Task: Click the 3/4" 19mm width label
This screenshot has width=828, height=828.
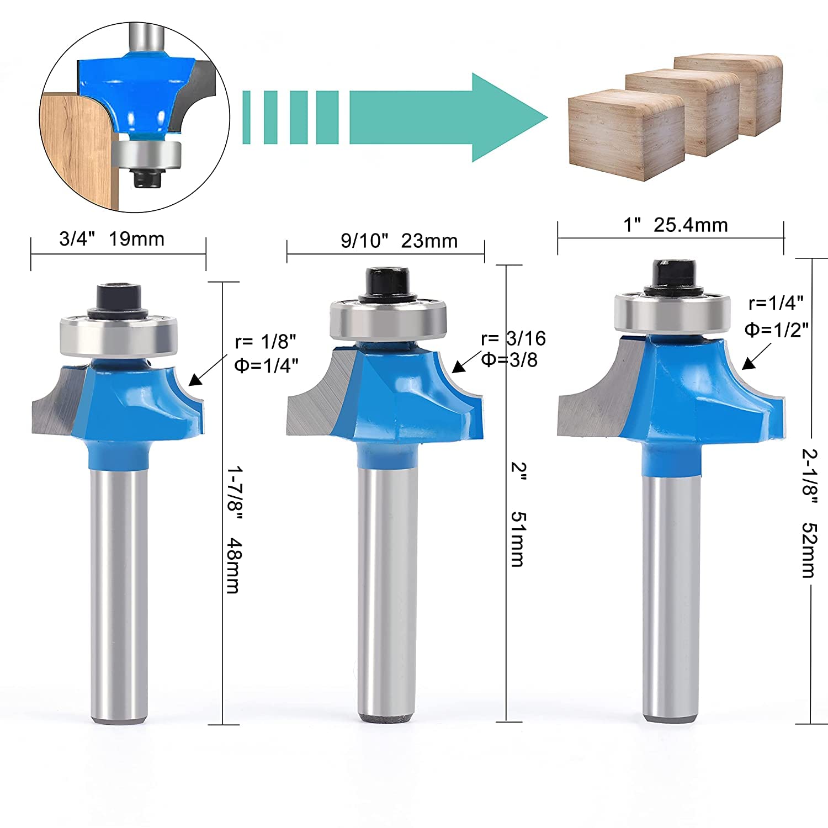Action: click(112, 239)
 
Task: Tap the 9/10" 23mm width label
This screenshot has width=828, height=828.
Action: click(399, 241)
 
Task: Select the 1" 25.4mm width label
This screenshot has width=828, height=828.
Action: click(676, 225)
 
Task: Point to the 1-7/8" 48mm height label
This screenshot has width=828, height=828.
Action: click(234, 529)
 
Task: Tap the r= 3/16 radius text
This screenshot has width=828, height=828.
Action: click(513, 338)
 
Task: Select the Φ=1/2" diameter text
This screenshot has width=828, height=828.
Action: click(777, 330)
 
